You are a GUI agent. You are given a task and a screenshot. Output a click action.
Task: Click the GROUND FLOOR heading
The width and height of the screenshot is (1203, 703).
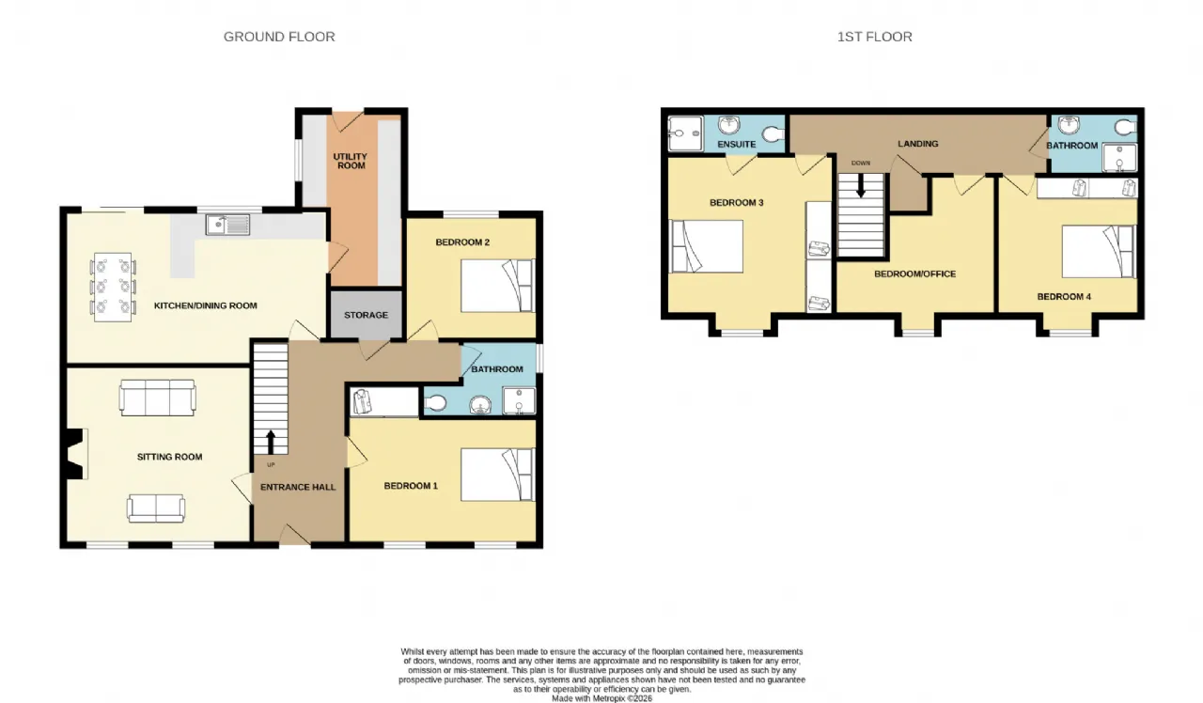click(279, 37)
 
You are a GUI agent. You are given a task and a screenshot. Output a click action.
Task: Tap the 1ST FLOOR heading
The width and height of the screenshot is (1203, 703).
click(874, 37)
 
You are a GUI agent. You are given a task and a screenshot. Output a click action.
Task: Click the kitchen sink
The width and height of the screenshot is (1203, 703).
click(227, 225)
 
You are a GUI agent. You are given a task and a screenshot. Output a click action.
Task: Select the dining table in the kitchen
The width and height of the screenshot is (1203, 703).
click(113, 288)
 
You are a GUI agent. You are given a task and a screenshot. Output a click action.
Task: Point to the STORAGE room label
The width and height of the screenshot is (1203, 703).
click(366, 315)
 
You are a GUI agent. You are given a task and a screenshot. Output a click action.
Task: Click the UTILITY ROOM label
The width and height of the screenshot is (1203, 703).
click(351, 161)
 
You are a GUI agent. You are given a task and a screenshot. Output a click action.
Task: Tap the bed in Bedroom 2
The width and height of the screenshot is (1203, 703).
click(498, 286)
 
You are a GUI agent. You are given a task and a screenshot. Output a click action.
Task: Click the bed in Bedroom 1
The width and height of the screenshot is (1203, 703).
click(498, 475)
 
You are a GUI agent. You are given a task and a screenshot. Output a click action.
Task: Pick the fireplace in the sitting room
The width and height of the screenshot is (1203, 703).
click(75, 454)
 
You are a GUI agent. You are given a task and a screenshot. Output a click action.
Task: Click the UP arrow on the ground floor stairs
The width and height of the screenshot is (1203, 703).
click(271, 442)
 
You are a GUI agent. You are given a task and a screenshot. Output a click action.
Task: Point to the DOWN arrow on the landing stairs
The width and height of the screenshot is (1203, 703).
click(860, 185)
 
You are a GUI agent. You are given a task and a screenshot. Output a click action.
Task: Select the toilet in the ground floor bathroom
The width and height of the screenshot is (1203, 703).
click(435, 403)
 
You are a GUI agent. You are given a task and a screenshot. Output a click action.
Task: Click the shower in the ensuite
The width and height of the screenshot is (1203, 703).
click(685, 133)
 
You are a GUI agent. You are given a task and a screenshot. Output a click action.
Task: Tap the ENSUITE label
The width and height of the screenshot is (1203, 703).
click(736, 145)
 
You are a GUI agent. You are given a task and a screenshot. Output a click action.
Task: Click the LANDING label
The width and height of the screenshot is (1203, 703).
click(918, 144)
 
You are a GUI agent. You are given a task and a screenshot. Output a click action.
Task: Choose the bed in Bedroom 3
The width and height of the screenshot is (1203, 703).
click(706, 246)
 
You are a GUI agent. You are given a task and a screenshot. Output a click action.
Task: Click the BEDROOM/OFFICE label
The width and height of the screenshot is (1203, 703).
click(914, 273)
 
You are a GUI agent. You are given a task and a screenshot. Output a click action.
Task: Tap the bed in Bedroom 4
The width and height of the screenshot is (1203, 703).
click(1099, 251)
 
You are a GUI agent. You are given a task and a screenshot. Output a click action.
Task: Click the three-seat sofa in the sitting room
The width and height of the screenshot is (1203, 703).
click(157, 398)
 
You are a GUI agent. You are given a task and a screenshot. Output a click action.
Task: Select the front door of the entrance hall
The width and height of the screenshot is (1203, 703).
click(295, 535)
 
